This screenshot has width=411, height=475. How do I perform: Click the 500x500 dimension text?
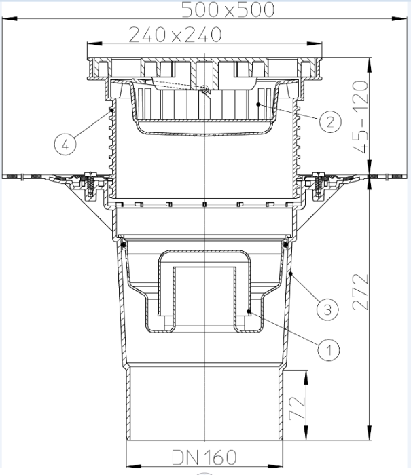coord(228,9)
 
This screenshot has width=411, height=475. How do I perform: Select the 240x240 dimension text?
coord(175,35)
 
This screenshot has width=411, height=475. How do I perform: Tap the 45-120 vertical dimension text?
coord(361,117)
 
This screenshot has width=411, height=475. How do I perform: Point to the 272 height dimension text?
coord(361,292)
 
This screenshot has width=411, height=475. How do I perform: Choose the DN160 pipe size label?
coord(204,457)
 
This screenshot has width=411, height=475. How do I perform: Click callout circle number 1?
coord(329,350)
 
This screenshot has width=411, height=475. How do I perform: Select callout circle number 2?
coord(330,121)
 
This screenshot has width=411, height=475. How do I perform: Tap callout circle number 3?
coord(327,309)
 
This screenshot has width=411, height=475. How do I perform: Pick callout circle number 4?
coord(65,144)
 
